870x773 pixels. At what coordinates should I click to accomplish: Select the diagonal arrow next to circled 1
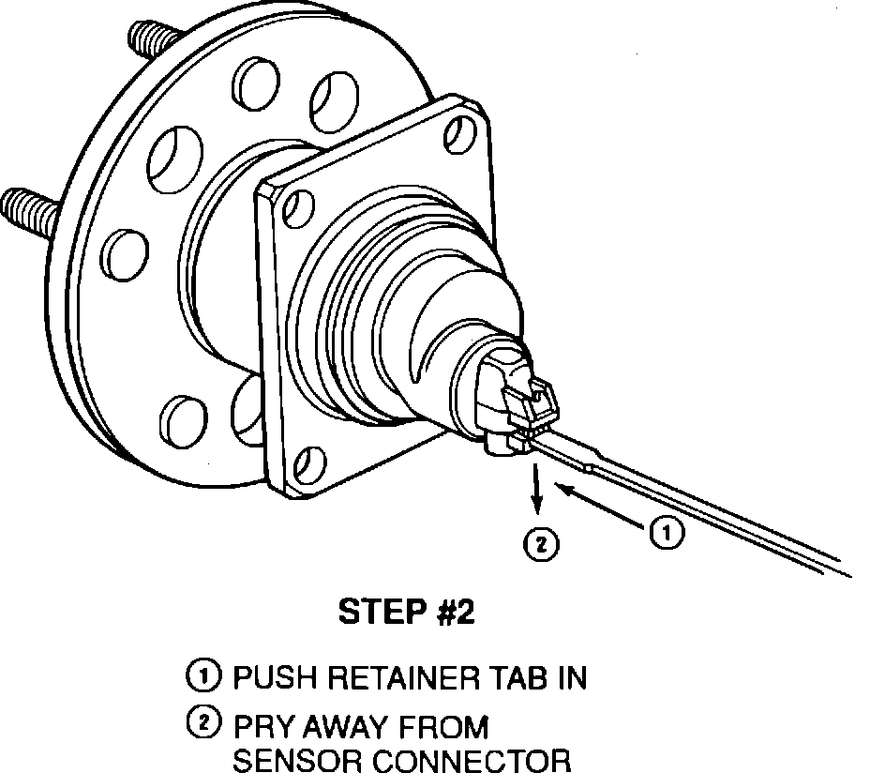(600, 506)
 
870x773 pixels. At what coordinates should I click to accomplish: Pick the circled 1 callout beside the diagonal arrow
(666, 533)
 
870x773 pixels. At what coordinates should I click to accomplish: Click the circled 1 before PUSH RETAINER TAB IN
(203, 676)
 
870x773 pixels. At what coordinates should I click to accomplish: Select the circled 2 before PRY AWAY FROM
(203, 725)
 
